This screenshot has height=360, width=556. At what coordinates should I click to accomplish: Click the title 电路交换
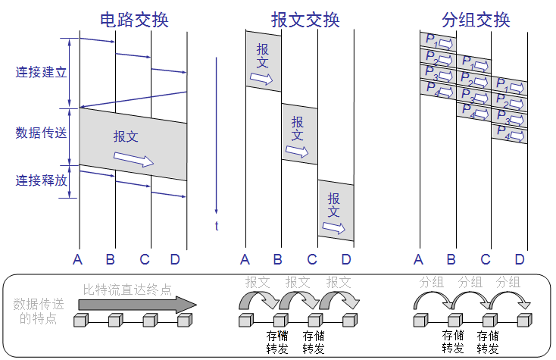tap(133, 18)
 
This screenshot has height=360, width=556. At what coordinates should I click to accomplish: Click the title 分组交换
tap(476, 19)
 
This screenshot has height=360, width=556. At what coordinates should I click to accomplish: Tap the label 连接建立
tap(42, 74)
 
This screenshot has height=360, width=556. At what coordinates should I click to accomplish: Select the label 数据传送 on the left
tap(42, 133)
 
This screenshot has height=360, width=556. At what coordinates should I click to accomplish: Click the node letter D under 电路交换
tap(175, 261)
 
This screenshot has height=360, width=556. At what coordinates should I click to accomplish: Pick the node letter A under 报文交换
tap(245, 261)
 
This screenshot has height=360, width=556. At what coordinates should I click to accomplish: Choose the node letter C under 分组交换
tap(486, 261)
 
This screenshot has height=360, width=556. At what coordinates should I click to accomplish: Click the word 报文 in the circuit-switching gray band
tap(126, 136)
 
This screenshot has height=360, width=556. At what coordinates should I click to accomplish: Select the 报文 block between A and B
tap(263, 61)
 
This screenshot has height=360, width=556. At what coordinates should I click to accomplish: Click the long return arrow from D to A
tap(133, 99)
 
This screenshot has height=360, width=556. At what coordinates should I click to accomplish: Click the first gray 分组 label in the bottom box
tap(431, 282)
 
